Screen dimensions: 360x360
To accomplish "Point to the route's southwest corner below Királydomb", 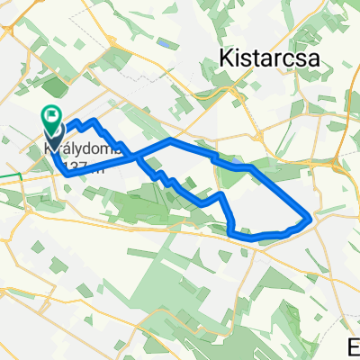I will click(x=65, y=173).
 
